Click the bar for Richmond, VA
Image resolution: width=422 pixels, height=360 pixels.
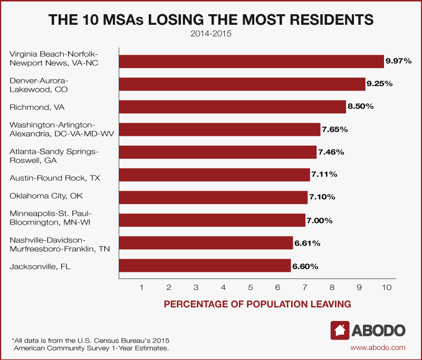(232, 107)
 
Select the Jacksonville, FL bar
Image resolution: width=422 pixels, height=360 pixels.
(205, 266)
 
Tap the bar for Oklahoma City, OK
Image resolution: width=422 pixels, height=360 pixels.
(213, 197)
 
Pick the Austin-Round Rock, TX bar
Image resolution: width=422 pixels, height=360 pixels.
(214, 174)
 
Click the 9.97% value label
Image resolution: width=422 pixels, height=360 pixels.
(399, 61)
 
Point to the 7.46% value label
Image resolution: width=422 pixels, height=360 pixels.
(331, 152)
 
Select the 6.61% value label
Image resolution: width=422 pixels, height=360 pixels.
(307, 243)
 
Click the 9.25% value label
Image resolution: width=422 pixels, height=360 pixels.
(380, 84)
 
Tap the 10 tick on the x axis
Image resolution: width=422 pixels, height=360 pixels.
(387, 287)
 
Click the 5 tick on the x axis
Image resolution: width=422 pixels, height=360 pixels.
(251, 287)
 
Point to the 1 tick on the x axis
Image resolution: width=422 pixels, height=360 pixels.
(142, 287)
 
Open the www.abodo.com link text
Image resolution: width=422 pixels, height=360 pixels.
(378, 347)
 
